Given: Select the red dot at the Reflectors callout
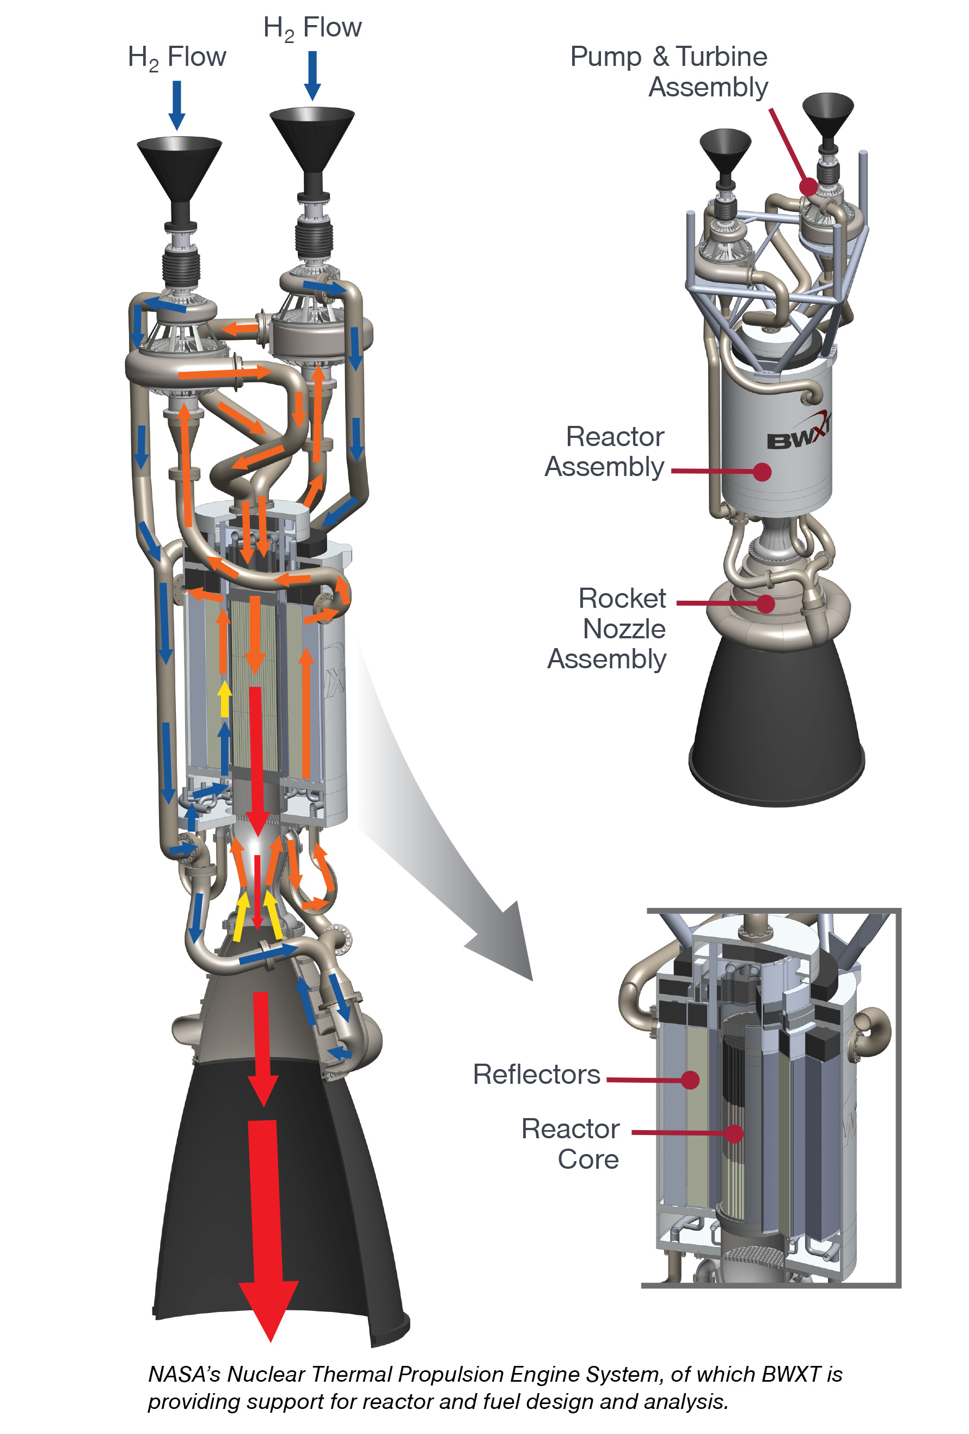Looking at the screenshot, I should click(690, 1079).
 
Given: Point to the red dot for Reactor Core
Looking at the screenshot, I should click(733, 1132).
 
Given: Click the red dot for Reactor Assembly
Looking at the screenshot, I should click(762, 472).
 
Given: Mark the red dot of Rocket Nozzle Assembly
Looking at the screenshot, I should click(765, 603).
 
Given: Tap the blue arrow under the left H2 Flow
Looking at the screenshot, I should click(176, 105).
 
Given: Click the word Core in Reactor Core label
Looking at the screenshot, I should click(587, 1160).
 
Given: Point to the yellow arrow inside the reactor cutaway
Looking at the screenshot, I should click(224, 699).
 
